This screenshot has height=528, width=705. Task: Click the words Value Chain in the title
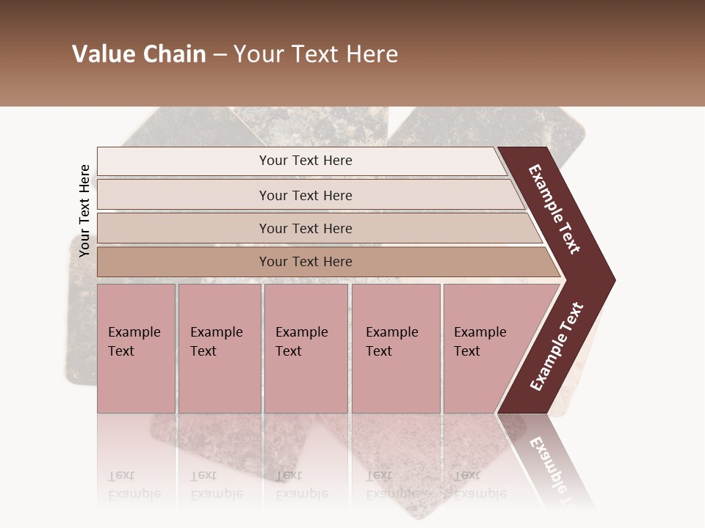139,54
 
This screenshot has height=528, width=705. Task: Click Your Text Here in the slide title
316,54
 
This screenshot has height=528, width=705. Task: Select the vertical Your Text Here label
84,210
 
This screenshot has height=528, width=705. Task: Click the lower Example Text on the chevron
557,347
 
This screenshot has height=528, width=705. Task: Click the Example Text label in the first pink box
134,342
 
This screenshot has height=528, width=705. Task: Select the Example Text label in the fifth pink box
480,342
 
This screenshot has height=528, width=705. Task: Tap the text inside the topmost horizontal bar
305,161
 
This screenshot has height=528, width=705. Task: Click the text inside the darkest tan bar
305,262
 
